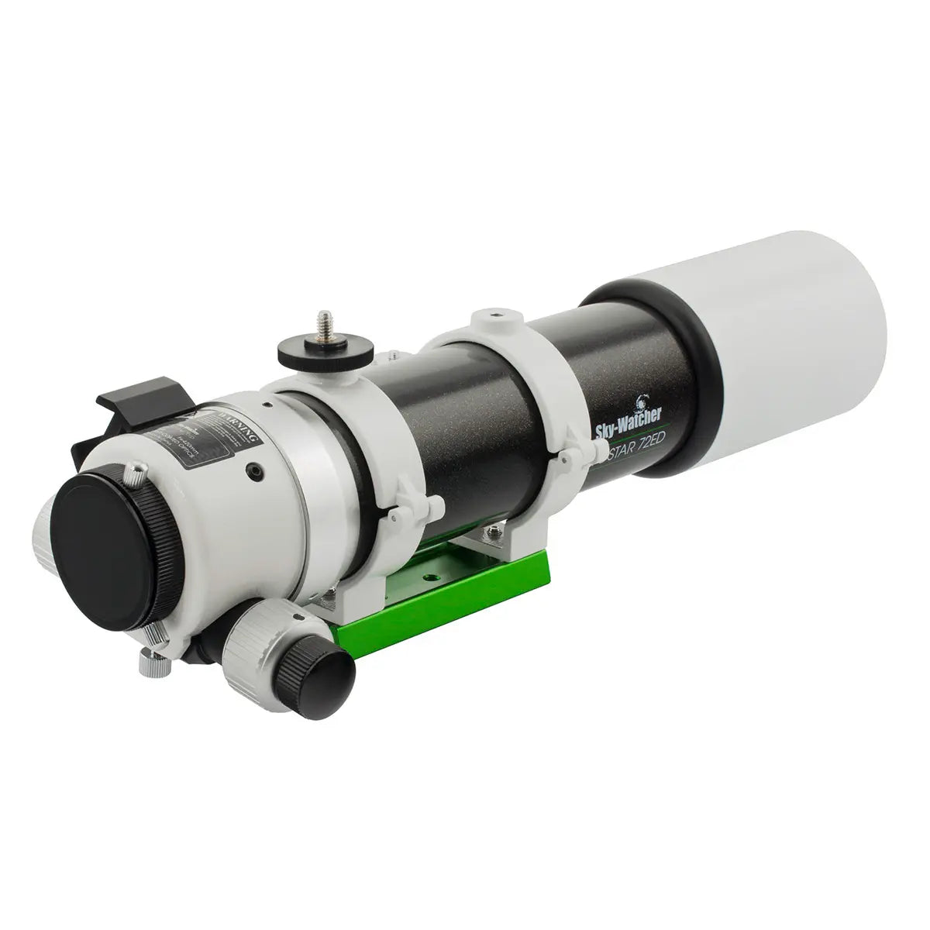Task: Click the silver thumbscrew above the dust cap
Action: pos(136,474)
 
